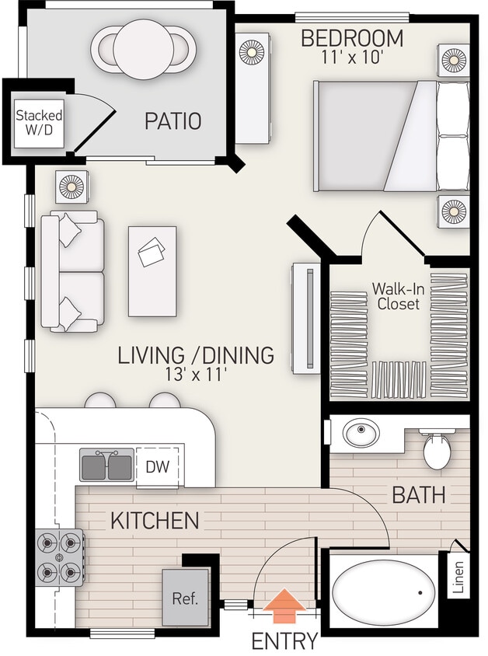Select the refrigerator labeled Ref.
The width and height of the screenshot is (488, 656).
[186, 598]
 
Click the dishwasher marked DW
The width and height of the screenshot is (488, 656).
[159, 466]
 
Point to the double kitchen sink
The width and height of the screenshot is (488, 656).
[106, 466]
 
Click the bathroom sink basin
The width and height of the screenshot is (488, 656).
[361, 433]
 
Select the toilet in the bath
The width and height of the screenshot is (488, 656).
[437, 448]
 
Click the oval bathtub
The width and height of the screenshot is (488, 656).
[385, 591]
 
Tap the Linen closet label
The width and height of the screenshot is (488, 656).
[458, 577]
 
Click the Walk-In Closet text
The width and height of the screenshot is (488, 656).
[398, 296]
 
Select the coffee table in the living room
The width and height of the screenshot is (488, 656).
[152, 270]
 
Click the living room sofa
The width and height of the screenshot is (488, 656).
[73, 271]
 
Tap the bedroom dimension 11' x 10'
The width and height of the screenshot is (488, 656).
[352, 57]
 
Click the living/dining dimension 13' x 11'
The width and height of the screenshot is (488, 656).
[196, 375]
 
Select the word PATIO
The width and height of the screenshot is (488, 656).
[173, 121]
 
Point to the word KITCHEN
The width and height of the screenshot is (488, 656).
[154, 520]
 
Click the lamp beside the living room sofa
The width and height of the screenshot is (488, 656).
[71, 187]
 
